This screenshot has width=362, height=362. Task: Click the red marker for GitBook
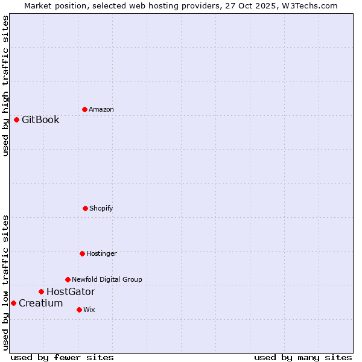point(16,119)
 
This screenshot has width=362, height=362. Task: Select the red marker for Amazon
point(84,109)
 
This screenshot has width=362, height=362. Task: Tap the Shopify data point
point(85,208)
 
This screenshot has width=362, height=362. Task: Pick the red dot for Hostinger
point(82,253)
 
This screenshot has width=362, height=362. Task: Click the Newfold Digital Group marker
point(68,279)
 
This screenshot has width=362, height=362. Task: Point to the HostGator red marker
point(41,291)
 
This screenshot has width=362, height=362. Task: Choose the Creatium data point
point(13,303)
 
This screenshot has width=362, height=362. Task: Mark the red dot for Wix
point(79,310)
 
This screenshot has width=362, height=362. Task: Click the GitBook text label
point(40,119)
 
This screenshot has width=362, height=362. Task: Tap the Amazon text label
point(101,109)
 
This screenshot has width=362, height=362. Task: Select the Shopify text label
point(101,208)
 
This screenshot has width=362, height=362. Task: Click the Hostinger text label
point(101,253)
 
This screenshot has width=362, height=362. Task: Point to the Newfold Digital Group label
point(107,279)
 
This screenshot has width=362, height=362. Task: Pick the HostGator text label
point(71,291)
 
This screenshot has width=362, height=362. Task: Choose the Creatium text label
point(40,303)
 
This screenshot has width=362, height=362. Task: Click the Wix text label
point(89,310)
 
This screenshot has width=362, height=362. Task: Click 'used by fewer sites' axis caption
point(62,357)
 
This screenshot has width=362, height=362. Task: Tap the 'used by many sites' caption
point(303,357)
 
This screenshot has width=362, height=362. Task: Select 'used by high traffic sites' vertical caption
point(5,86)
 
